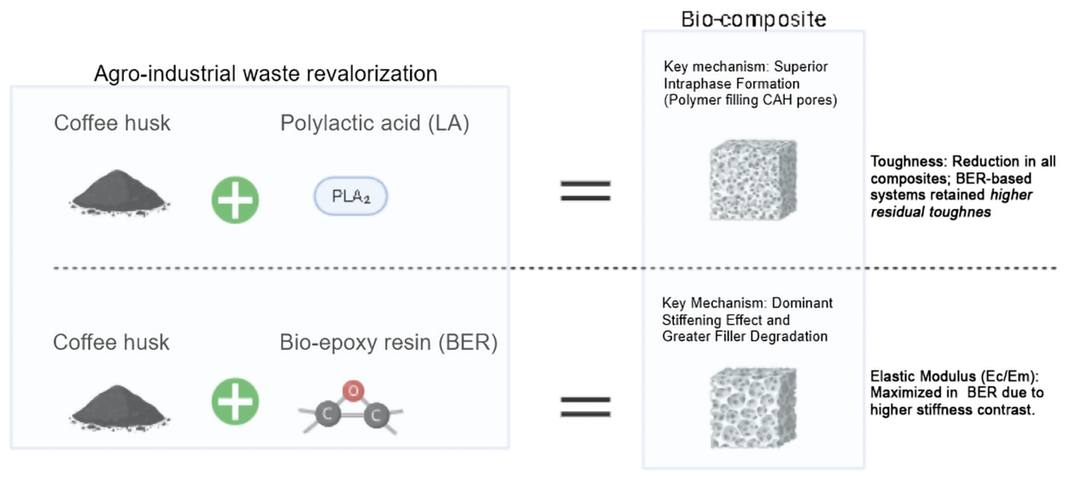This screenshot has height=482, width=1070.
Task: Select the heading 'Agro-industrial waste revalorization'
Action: tap(266, 73)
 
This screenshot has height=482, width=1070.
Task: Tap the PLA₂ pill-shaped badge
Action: tap(350, 197)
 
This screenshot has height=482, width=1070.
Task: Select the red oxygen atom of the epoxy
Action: tap(354, 392)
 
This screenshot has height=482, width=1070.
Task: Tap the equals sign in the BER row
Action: tap(585, 405)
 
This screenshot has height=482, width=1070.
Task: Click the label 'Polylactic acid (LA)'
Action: tap(375, 123)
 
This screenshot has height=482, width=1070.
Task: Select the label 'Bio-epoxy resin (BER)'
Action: tap(389, 343)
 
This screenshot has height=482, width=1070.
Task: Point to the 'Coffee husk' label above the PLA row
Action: tap(112, 123)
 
